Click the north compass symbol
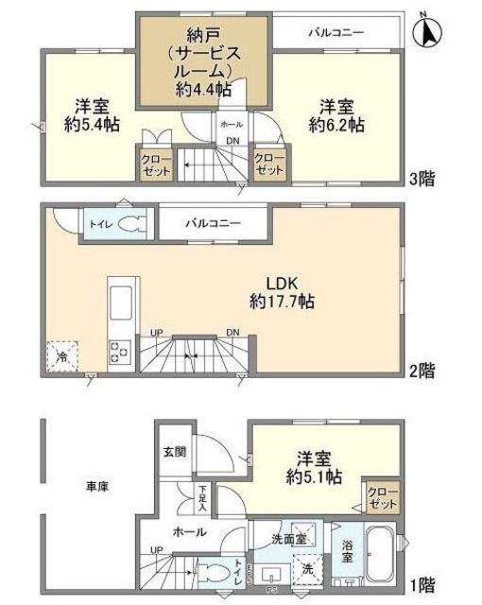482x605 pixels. tap(430, 33)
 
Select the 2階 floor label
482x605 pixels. tap(423, 369)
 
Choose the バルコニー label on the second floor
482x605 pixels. tap(212, 224)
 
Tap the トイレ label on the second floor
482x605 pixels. tap(98, 225)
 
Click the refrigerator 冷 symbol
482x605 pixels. tap(62, 357)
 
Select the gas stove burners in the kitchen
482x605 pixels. tap(121, 352)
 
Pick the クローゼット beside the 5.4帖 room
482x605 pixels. tap(151, 164)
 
